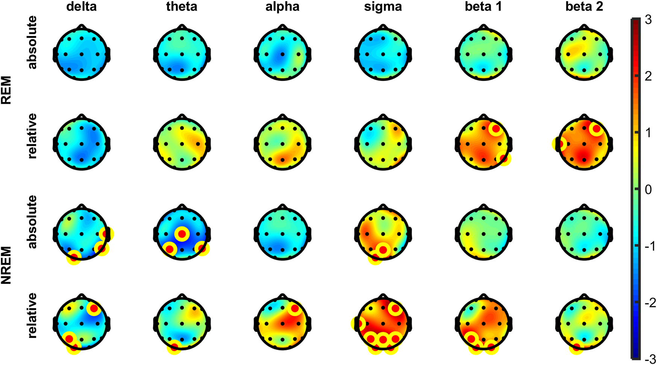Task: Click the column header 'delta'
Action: (81, 7)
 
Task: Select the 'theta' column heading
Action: (182, 7)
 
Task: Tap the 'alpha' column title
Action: (282, 7)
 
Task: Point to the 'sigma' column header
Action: (383, 7)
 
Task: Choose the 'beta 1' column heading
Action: (483, 7)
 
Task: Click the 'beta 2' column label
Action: (584, 7)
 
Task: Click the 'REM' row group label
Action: (6, 90)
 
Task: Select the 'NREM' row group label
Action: (6, 265)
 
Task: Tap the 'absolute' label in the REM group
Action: (32, 42)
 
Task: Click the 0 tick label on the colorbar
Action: (648, 189)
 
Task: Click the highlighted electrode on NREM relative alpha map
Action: (295, 309)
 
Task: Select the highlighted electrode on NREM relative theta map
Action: (174, 347)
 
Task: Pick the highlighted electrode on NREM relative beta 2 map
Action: (576, 347)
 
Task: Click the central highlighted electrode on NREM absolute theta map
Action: (182, 234)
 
